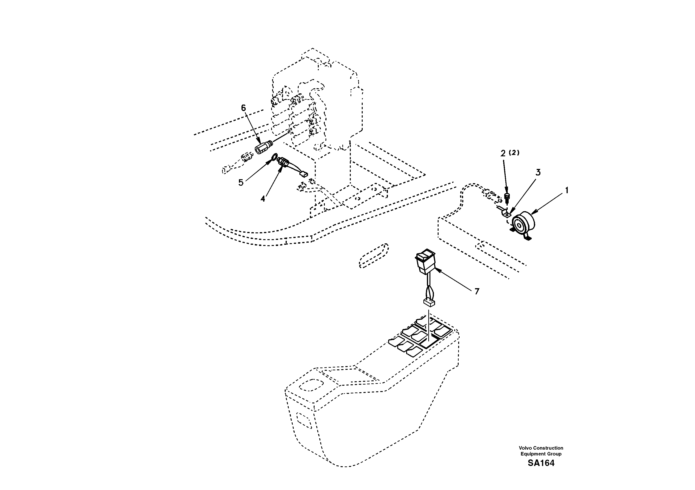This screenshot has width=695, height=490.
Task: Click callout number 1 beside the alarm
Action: coord(567,191)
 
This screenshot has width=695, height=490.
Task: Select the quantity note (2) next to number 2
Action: coord(514,153)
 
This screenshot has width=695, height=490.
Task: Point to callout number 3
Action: coord(538,172)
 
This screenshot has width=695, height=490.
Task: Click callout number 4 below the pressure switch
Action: coord(263,199)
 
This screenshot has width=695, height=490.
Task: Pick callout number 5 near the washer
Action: coord(241,183)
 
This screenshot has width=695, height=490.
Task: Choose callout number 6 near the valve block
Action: coord(243,108)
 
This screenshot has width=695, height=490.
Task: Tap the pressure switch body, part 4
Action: coord(283,161)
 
